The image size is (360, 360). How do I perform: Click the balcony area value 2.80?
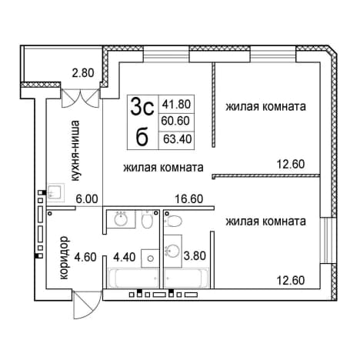tap(83, 73)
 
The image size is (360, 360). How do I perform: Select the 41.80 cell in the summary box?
tap(176, 105)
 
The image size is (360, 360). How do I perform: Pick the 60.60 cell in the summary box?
tap(175, 121)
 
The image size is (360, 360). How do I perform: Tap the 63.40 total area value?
tap(178, 139)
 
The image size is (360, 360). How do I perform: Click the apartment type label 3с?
tap(142, 107)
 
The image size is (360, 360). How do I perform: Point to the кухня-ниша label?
tap(75, 151)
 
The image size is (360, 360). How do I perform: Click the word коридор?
tap(64, 258)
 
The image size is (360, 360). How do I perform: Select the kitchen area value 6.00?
tap(87, 199)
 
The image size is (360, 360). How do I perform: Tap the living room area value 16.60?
tap(189, 199)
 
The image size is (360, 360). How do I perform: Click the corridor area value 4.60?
tap(85, 257)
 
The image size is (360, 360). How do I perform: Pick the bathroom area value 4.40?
tap(125, 257)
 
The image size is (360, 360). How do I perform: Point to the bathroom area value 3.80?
tap(195, 255)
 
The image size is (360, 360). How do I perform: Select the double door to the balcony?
tap(80, 98)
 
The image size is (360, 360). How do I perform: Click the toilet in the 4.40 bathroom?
tap(148, 219)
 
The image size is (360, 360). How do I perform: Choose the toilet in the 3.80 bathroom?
tap(173, 221)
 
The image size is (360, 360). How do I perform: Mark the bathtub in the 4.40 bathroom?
tap(134, 278)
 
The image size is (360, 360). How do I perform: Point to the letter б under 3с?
tap(142, 137)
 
